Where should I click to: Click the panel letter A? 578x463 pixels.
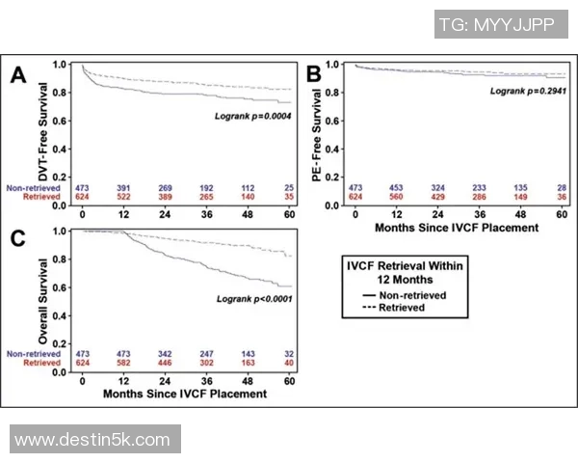tap(16, 76)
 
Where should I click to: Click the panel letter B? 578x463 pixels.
tap(313, 74)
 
